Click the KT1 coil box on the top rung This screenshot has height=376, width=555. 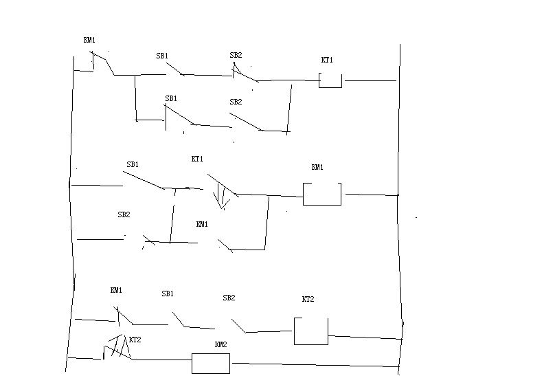tap(330, 80)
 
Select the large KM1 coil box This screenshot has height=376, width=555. tap(322, 194)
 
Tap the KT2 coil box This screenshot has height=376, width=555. tap(310, 331)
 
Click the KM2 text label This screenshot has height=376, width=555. tap(220, 344)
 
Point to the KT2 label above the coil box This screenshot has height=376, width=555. tap(308, 300)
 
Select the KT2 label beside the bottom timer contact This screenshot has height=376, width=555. tap(135, 340)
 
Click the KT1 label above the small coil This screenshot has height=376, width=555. tap(327, 60)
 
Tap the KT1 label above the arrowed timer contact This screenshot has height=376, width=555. tap(197, 159)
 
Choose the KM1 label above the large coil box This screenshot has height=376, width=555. tap(317, 167)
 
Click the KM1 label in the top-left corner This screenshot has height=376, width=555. tap(89, 41)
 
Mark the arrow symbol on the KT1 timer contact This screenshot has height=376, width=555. tap(220, 196)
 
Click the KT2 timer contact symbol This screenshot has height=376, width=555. tap(117, 349)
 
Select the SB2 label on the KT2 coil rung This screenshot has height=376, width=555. tap(229, 298)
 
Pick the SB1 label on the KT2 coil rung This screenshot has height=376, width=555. tap(168, 294)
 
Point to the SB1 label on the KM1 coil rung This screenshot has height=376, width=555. tap(133, 164)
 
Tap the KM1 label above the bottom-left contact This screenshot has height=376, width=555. tap(116, 290)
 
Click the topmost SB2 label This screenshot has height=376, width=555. tap(236, 55)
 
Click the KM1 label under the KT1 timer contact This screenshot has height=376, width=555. tap(202, 224)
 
